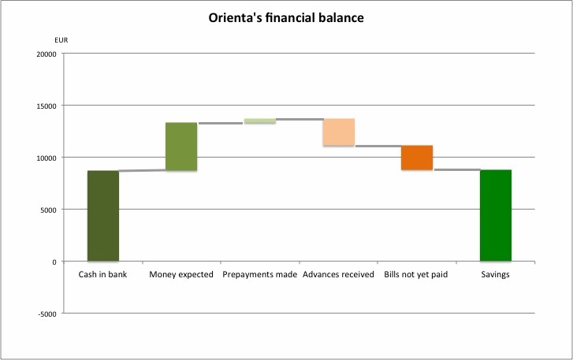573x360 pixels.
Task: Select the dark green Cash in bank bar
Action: point(103,216)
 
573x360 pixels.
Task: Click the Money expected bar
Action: point(181,147)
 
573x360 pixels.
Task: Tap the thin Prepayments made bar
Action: point(260,121)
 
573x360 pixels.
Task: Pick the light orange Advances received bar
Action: point(339,132)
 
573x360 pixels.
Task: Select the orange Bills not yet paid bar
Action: point(417,158)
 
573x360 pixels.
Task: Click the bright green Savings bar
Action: point(496,215)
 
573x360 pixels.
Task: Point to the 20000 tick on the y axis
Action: point(47,54)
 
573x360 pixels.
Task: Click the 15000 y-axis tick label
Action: point(47,106)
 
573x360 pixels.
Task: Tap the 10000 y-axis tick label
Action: point(47,158)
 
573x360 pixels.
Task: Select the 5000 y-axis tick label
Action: point(48,210)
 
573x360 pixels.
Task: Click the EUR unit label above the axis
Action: point(61,39)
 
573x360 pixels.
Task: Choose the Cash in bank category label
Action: point(103,275)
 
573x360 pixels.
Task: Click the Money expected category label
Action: point(181,275)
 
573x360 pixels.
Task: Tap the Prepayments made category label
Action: point(260,275)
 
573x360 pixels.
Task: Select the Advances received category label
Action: point(339,275)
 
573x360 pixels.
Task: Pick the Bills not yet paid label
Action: point(417,275)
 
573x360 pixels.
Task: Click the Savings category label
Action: point(496,275)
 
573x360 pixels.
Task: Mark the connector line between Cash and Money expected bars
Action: point(142,170)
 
